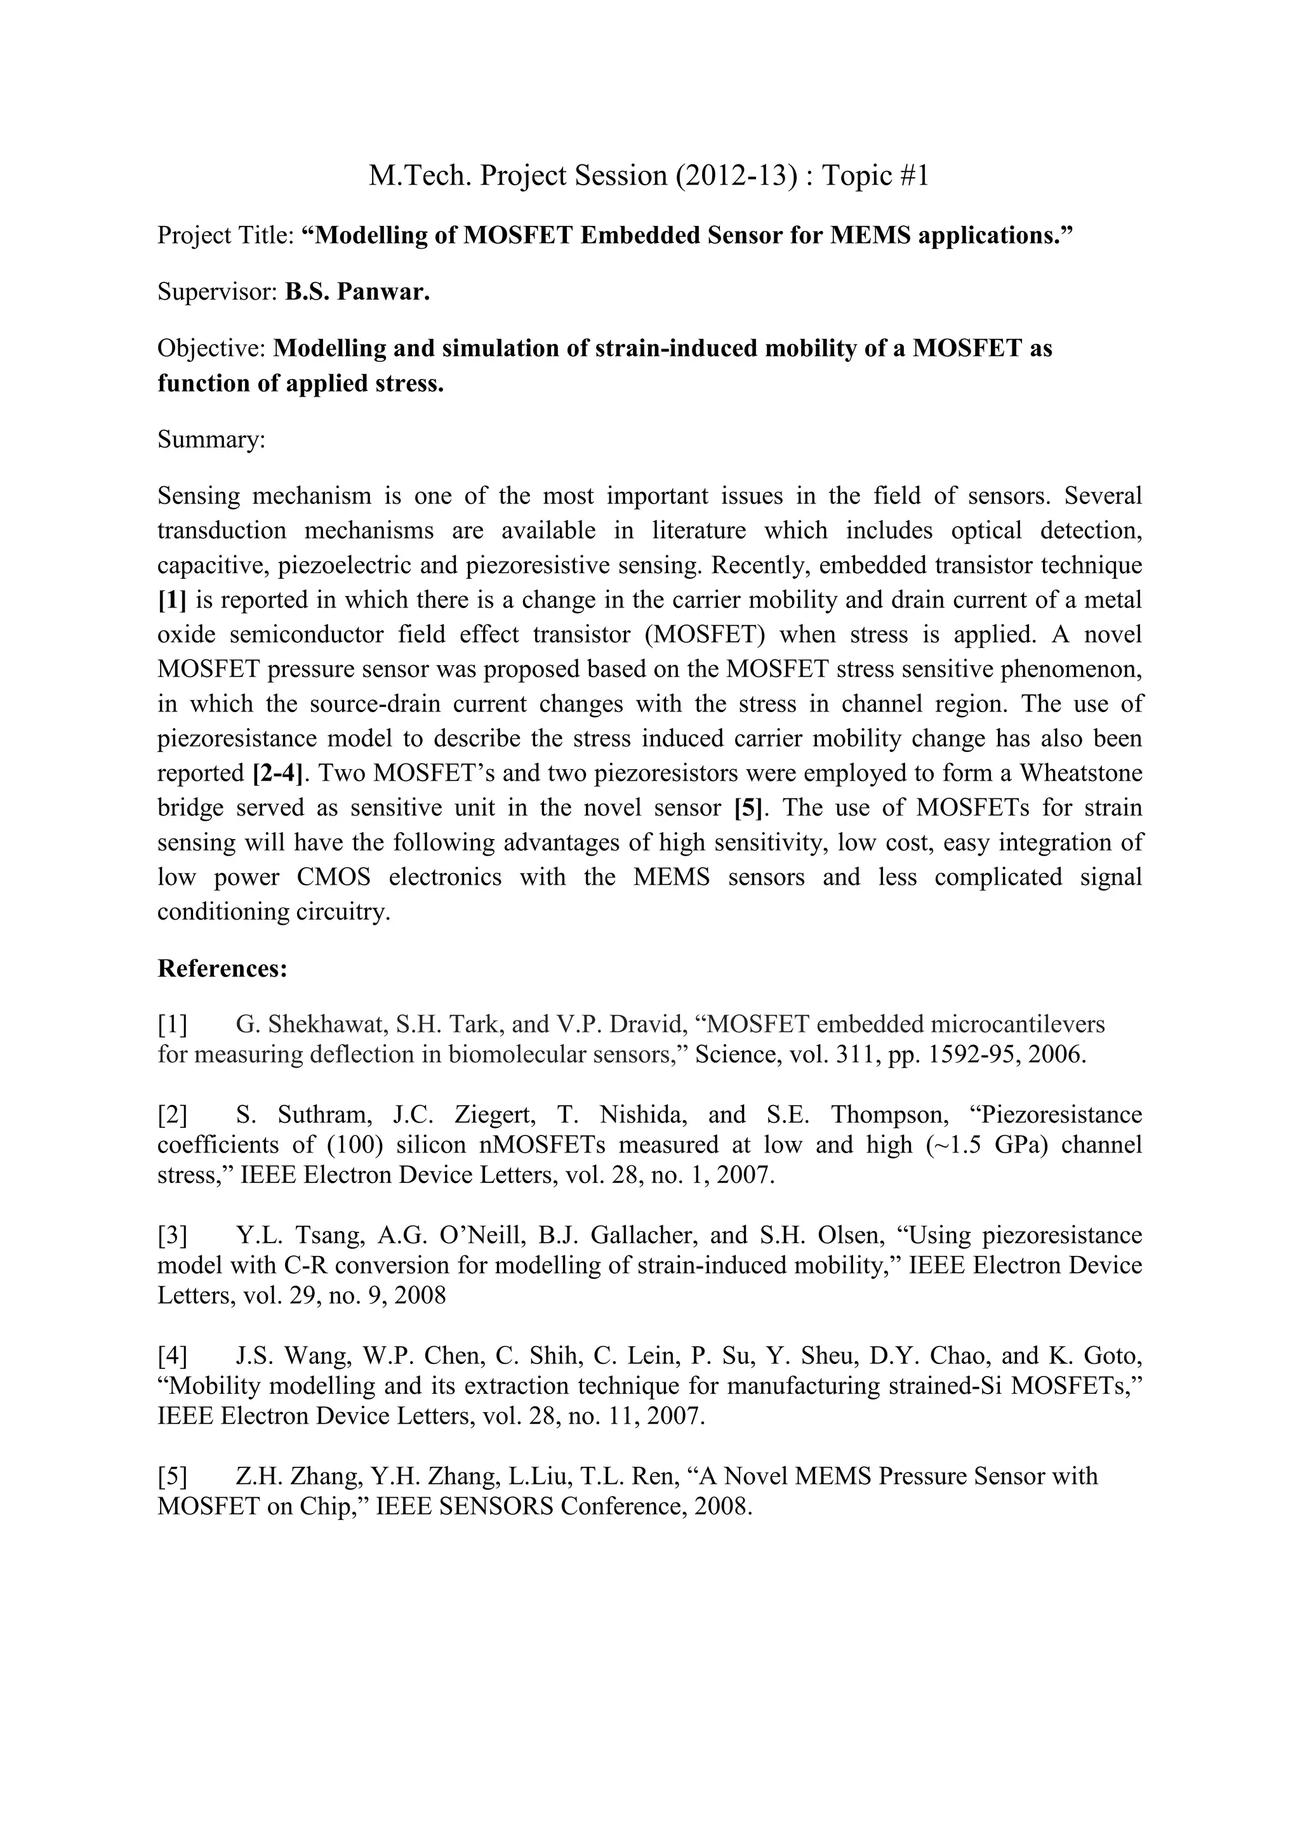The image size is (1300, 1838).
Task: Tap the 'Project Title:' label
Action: tap(226, 235)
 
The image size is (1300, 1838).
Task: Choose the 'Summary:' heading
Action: tap(211, 439)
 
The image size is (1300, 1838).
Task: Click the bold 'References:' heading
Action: tap(222, 969)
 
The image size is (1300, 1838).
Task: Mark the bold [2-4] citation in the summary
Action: tap(280, 773)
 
